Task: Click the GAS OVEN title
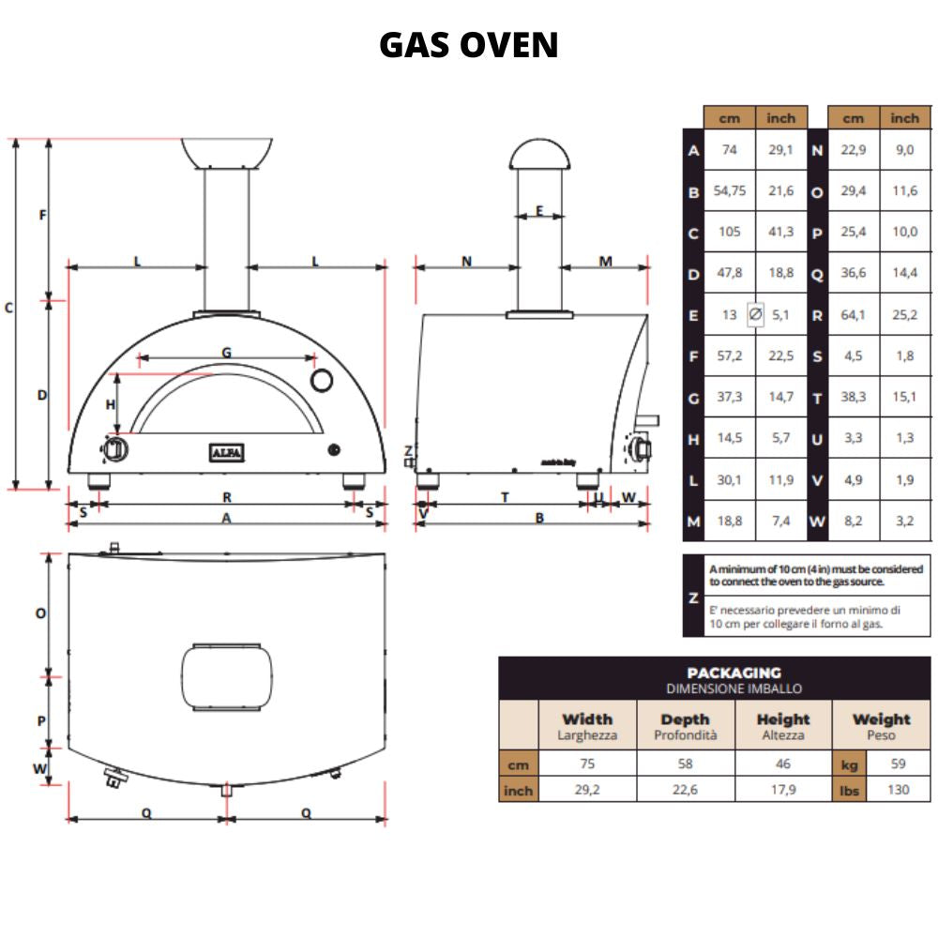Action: [468, 45]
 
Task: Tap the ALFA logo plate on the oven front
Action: [226, 453]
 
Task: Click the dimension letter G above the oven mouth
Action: [226, 353]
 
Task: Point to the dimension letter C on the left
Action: [8, 307]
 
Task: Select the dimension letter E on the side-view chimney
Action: [538, 210]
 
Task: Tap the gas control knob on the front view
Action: [116, 450]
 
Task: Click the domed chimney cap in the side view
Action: [538, 154]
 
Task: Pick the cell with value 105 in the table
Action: [730, 232]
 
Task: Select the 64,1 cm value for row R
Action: [853, 315]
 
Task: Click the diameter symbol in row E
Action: [755, 315]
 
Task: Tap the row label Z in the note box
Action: [693, 597]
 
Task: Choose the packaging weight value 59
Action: [898, 764]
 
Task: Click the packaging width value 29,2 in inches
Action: [587, 790]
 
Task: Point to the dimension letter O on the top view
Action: [41, 613]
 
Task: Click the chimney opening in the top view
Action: [227, 673]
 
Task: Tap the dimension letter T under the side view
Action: [505, 497]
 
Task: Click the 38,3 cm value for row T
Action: [853, 398]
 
